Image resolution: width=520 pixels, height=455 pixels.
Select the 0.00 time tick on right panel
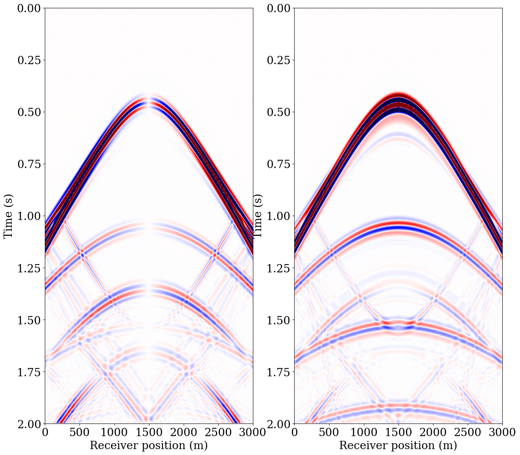click(280, 8)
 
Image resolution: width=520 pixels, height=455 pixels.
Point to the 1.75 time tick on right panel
click(280, 372)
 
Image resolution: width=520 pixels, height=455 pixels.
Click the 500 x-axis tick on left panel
click(79, 432)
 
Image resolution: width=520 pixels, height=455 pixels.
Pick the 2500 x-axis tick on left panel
click(218, 432)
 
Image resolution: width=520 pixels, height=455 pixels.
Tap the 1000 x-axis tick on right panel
click(363, 432)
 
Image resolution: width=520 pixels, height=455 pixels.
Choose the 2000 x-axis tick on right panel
click(433, 432)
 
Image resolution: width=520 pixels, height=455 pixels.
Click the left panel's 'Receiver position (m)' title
click(149, 446)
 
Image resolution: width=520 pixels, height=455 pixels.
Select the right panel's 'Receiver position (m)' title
click(398, 446)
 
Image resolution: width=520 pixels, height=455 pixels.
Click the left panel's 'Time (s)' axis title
click(8, 216)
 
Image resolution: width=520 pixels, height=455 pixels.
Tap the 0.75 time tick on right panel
click(280, 164)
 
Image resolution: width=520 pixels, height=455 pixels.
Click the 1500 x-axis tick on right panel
click(398, 432)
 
